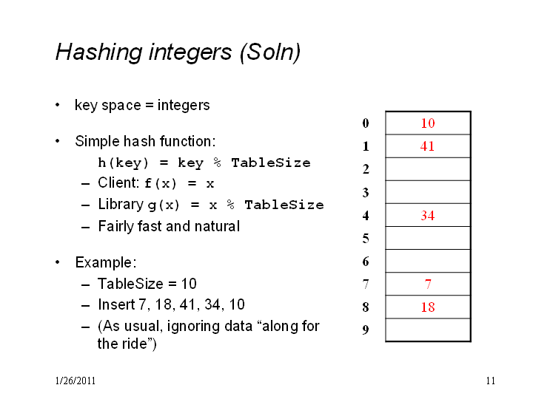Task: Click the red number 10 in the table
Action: [428, 123]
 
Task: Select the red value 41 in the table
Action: [427, 146]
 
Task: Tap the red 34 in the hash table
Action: [428, 216]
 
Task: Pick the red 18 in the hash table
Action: [428, 307]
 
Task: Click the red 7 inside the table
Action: [428, 284]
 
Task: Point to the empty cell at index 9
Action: [428, 330]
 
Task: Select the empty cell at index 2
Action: [428, 169]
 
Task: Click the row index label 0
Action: [366, 123]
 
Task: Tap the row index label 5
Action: [366, 239]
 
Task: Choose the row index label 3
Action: [366, 192]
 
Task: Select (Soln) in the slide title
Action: [270, 53]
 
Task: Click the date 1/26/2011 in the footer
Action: [75, 381]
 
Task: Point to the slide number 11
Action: [491, 381]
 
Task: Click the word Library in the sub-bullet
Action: [121, 205]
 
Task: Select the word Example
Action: [106, 262]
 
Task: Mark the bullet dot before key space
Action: [58, 105]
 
